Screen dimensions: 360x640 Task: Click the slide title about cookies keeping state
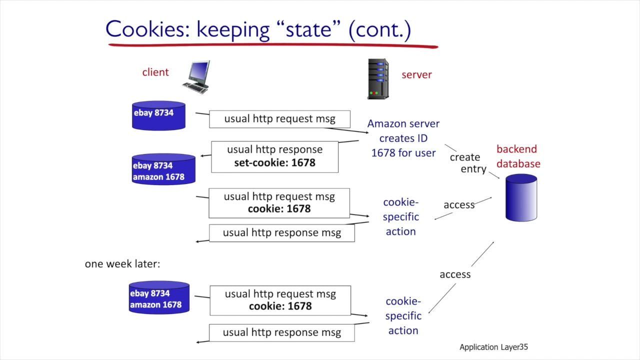[x=258, y=29]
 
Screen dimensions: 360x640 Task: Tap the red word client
[x=155, y=72]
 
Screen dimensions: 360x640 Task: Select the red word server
[x=416, y=74]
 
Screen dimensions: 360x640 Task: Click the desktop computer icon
[x=197, y=77]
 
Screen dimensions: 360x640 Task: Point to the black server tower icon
[x=378, y=79]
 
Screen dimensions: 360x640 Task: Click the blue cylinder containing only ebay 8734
[x=158, y=115]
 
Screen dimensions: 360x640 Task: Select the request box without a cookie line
[x=279, y=119]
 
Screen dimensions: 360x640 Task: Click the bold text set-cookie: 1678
[x=274, y=162]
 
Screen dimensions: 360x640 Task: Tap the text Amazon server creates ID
[x=403, y=130]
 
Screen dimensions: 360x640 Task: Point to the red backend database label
[x=518, y=156]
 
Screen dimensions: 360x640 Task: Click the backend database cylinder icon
[x=521, y=197]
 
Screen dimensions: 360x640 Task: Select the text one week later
[x=122, y=263]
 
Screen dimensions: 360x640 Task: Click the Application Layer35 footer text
[x=493, y=347]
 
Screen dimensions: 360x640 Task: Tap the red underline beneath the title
[x=273, y=45]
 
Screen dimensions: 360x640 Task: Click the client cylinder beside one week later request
[x=159, y=297]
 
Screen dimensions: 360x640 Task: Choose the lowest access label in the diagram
[x=455, y=274]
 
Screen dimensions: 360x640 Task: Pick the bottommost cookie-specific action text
[x=403, y=315]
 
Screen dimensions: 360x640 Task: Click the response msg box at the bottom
[x=281, y=332]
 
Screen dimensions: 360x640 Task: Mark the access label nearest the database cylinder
[x=459, y=204]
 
